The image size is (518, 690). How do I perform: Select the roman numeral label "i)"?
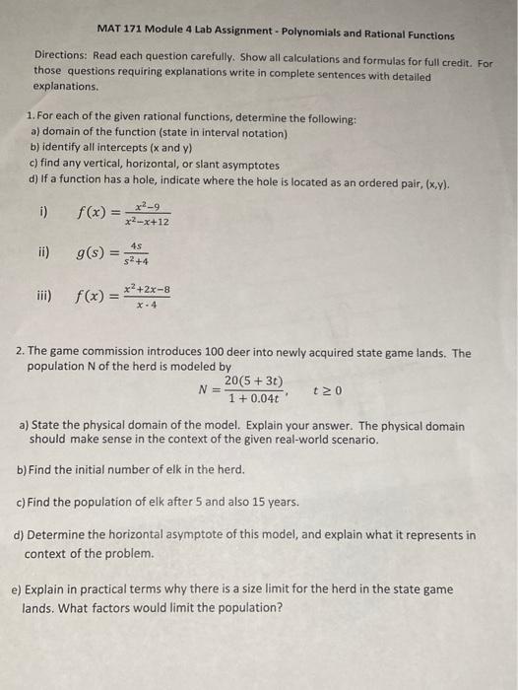(x=43, y=209)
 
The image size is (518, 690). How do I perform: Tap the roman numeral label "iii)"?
(x=45, y=296)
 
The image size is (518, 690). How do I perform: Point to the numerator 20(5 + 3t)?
(x=253, y=381)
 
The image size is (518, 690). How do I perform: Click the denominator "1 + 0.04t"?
(x=252, y=398)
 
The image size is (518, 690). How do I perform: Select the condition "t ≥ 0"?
(x=326, y=390)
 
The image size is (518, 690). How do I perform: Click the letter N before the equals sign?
(x=204, y=390)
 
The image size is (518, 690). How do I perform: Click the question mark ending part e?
(x=282, y=607)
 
